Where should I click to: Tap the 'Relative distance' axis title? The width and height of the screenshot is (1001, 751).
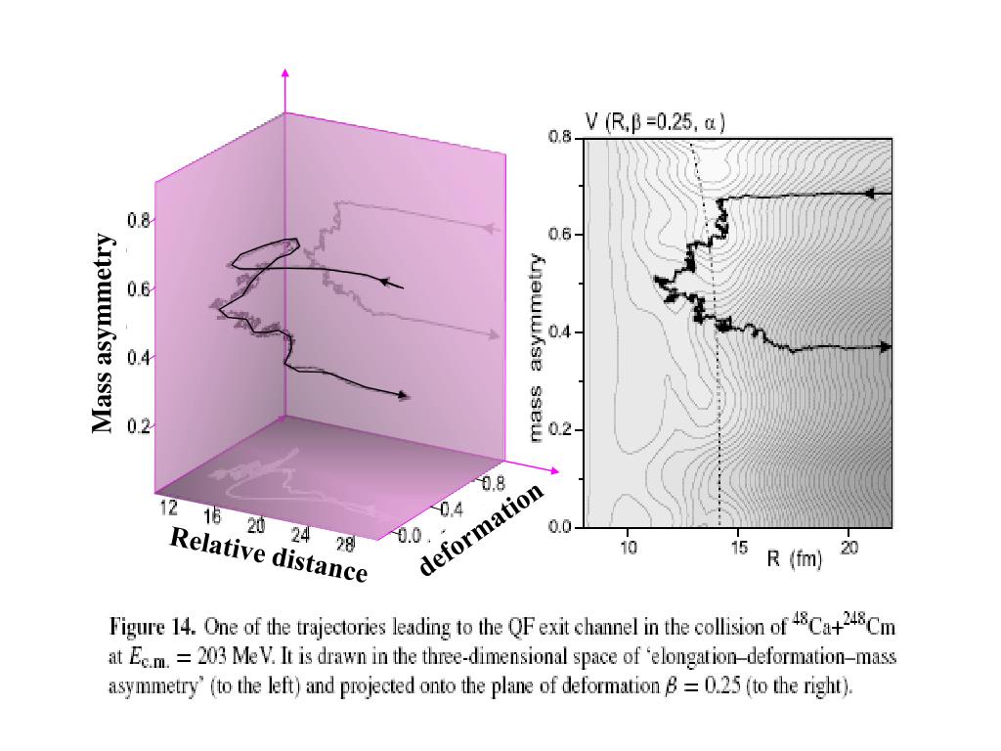click(268, 553)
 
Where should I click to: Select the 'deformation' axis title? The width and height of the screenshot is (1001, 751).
click(481, 528)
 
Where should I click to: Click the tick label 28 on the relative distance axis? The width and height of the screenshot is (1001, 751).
click(343, 544)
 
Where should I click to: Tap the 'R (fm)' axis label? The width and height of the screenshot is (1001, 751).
click(793, 559)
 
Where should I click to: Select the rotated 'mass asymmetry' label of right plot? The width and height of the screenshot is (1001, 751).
click(536, 346)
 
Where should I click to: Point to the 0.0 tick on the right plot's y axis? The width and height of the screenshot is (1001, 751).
click(559, 528)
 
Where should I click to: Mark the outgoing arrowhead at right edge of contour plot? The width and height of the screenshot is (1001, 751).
click(885, 347)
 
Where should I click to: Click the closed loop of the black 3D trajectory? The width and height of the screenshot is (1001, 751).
click(264, 251)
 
